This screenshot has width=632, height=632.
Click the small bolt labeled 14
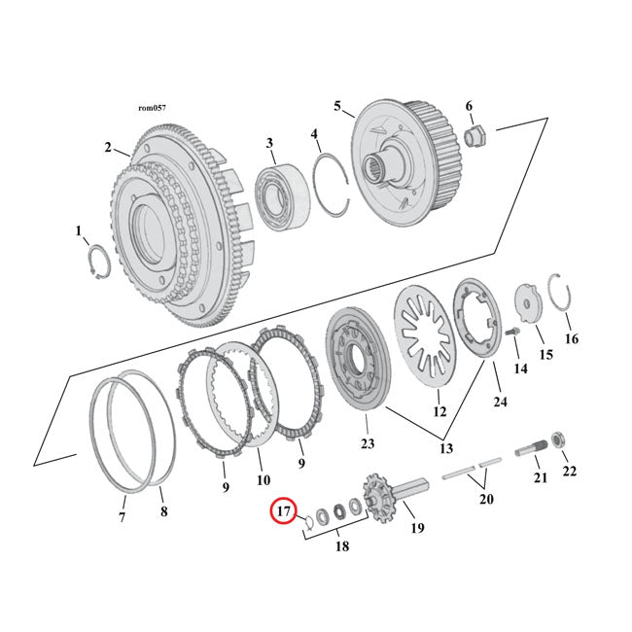point(514,336)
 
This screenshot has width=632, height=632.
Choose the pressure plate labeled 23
point(359,359)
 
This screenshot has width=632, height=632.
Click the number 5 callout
point(337,106)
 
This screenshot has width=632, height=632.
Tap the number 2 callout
point(108,148)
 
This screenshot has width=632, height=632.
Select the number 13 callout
point(448,449)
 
